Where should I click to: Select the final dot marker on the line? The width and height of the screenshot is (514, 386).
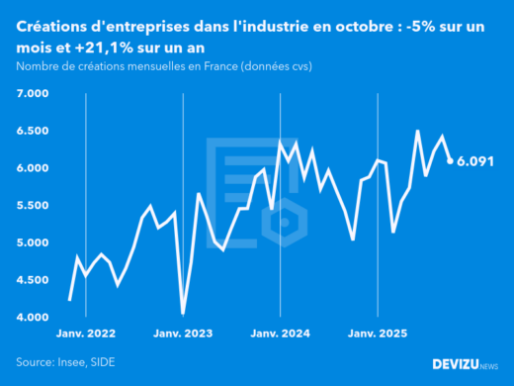pos(451,160)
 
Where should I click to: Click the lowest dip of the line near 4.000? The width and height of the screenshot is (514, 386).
pos(183,313)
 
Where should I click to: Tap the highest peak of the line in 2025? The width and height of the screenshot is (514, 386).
pos(417,131)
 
